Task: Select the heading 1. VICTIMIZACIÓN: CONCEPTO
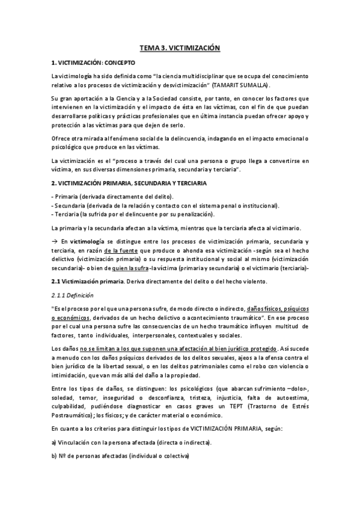pyautogui.click(x=93, y=62)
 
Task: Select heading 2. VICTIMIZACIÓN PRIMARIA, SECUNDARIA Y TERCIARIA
pyautogui.click(x=130, y=182)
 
